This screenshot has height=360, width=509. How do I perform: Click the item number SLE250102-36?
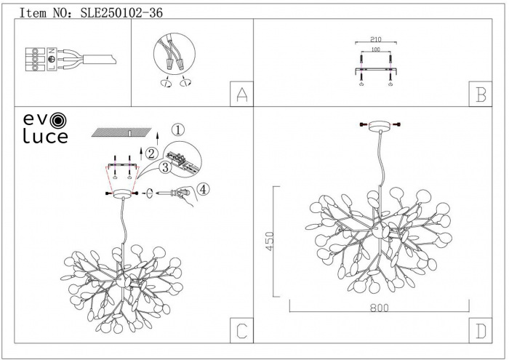119,12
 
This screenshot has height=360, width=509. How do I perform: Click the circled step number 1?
179,129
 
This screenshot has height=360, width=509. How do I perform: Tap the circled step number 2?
151,153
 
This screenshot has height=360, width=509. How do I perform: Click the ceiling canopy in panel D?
380,128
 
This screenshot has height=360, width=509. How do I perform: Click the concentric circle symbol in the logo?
58,118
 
